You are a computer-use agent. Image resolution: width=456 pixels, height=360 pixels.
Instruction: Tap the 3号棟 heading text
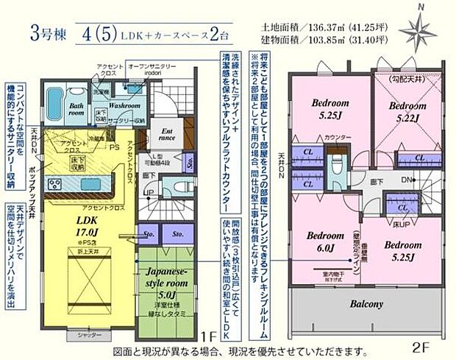(x=45, y=33)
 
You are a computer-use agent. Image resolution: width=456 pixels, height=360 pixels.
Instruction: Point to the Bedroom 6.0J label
(x=321, y=243)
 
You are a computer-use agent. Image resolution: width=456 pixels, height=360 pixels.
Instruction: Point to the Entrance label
(x=166, y=135)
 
